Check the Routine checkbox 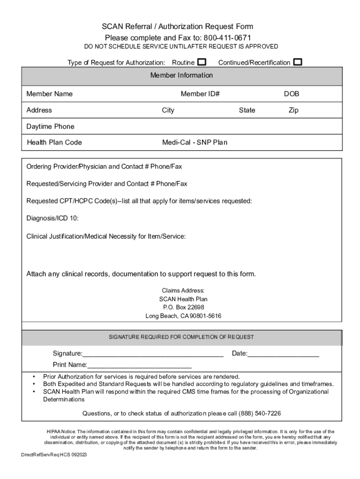click(x=202, y=62)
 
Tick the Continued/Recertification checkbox click(x=298, y=62)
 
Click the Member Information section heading click(x=181, y=75)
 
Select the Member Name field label click(x=50, y=94)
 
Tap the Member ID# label click(x=200, y=94)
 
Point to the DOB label click(x=291, y=94)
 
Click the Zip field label click(x=293, y=110)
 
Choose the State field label click(x=247, y=110)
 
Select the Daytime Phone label click(x=50, y=127)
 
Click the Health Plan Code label click(x=54, y=142)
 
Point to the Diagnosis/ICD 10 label click(x=52, y=218)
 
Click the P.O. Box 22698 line click(x=183, y=307)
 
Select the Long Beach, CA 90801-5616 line click(x=183, y=316)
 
